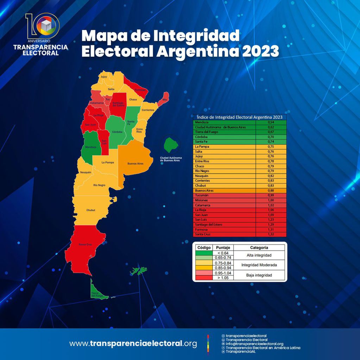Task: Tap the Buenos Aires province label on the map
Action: (135, 164)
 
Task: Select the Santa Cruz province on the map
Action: (85, 244)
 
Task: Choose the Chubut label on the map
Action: (91, 210)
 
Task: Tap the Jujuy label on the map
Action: (104, 76)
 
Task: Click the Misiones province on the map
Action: (164, 99)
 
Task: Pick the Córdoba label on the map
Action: (117, 132)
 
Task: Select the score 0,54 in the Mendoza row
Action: (271, 122)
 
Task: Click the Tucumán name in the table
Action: (202, 195)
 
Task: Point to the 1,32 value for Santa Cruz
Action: (271, 234)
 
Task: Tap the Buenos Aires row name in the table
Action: (204, 190)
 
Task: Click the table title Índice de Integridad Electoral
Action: (240, 117)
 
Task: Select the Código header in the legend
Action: (204, 248)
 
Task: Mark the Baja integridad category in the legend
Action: (259, 275)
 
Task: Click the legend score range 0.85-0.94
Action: (223, 268)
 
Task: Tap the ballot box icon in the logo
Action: (46, 25)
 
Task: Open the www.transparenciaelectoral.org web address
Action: (133, 343)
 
